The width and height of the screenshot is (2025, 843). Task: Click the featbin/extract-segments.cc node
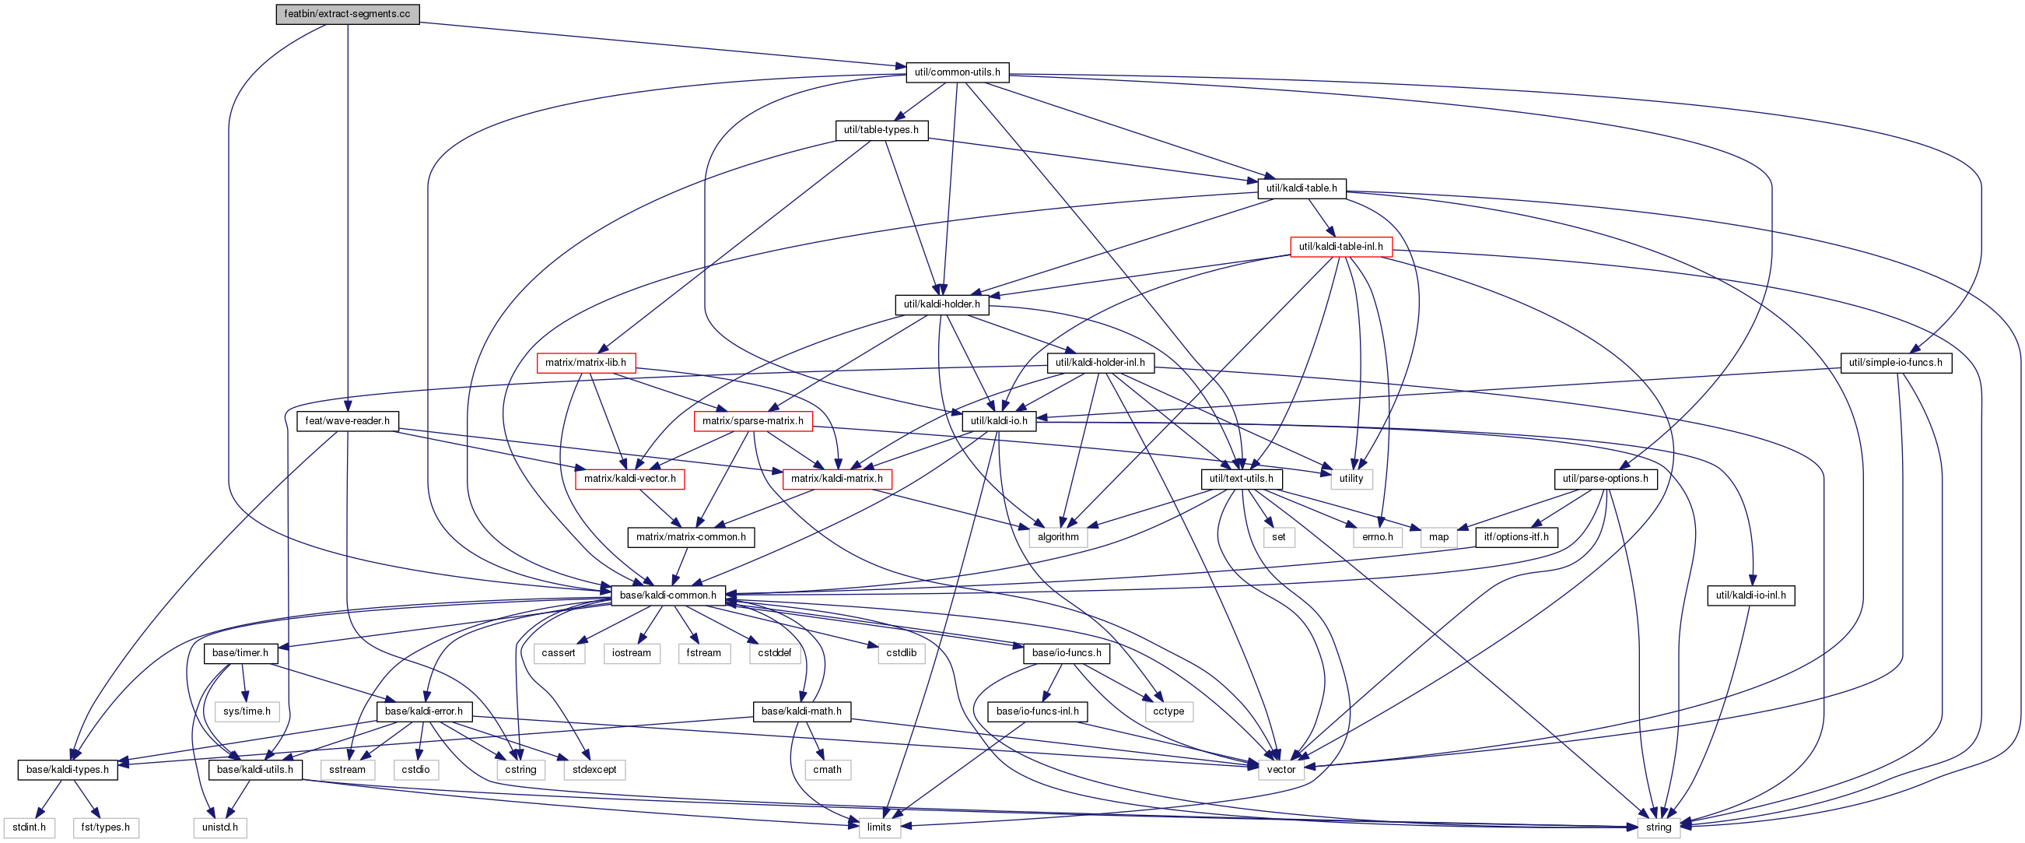[348, 14]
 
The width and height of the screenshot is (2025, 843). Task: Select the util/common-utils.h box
[958, 72]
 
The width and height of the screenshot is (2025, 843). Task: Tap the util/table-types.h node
[881, 130]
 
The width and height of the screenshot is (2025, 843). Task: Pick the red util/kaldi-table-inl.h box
[1341, 246]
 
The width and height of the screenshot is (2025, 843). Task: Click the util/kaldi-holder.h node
[942, 304]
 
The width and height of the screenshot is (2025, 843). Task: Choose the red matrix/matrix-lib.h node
[586, 363]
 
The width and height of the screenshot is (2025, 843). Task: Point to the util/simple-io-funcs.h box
[1895, 363]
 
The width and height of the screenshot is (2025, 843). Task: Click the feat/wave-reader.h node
[348, 420]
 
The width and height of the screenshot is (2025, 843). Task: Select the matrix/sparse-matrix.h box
[753, 420]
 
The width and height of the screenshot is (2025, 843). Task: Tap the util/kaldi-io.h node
[999, 420]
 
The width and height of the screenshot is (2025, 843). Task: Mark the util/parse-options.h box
[1605, 479]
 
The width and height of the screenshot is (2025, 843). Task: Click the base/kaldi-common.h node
[668, 595]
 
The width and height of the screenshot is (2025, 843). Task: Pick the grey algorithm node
[1058, 537]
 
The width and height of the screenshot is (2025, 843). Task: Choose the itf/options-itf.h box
[1516, 537]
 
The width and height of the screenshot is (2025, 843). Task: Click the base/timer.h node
[240, 653]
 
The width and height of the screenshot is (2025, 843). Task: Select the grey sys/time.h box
[247, 711]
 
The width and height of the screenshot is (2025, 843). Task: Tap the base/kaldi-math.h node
[801, 711]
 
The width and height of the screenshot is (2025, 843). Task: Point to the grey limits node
[879, 827]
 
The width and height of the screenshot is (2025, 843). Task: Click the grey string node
[1659, 827]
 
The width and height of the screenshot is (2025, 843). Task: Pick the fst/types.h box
[105, 827]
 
